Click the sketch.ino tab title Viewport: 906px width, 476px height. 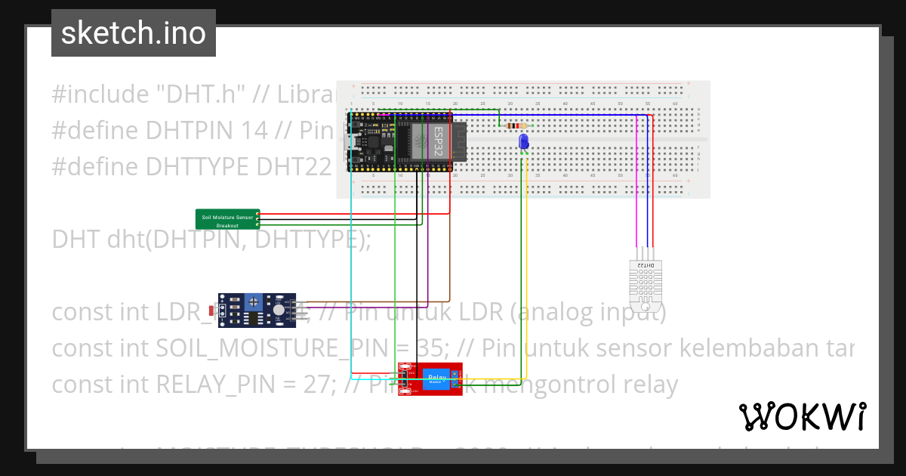[x=134, y=33]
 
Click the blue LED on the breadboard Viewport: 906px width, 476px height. [x=523, y=141]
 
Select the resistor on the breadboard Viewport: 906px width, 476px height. [x=516, y=126]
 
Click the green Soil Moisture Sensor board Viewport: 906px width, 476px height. [x=227, y=219]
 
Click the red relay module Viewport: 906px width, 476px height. [x=430, y=379]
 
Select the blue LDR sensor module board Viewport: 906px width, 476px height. [x=257, y=311]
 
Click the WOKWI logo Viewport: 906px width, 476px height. [x=802, y=416]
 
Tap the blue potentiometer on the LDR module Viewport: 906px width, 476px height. [x=256, y=303]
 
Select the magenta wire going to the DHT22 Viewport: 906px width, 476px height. [x=636, y=189]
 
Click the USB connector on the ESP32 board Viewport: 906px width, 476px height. [x=353, y=142]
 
